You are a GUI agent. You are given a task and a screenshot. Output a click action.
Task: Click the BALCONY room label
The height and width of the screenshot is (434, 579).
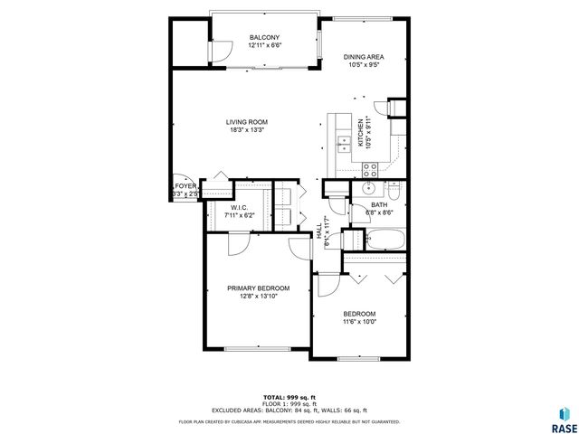click(x=264, y=38)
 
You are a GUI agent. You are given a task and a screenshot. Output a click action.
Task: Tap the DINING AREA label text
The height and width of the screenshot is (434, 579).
click(x=364, y=56)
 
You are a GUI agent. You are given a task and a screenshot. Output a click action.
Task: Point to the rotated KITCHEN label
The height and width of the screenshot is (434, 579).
click(x=360, y=133)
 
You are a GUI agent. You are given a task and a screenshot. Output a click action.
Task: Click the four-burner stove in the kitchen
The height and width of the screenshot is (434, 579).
click(x=370, y=168)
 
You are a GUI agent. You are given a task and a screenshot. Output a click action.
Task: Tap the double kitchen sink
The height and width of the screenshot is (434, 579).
click(x=344, y=142)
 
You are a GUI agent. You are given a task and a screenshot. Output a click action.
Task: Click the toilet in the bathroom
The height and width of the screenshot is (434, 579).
click(x=394, y=191)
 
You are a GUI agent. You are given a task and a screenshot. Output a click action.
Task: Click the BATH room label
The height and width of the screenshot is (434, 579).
click(x=378, y=205)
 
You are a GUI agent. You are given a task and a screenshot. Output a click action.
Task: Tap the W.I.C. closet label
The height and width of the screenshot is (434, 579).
click(x=239, y=207)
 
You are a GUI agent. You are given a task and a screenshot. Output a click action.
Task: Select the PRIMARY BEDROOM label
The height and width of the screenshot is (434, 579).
click(x=258, y=288)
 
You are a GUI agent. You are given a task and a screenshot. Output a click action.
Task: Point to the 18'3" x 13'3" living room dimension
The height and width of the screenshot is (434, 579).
click(x=245, y=130)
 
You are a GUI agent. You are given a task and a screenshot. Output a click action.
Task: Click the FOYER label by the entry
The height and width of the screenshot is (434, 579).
click(x=185, y=186)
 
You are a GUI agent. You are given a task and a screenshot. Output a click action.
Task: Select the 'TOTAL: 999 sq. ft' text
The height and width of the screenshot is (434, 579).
click(x=289, y=397)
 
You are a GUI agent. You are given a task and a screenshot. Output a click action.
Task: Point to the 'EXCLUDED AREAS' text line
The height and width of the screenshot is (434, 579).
click(x=289, y=410)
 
